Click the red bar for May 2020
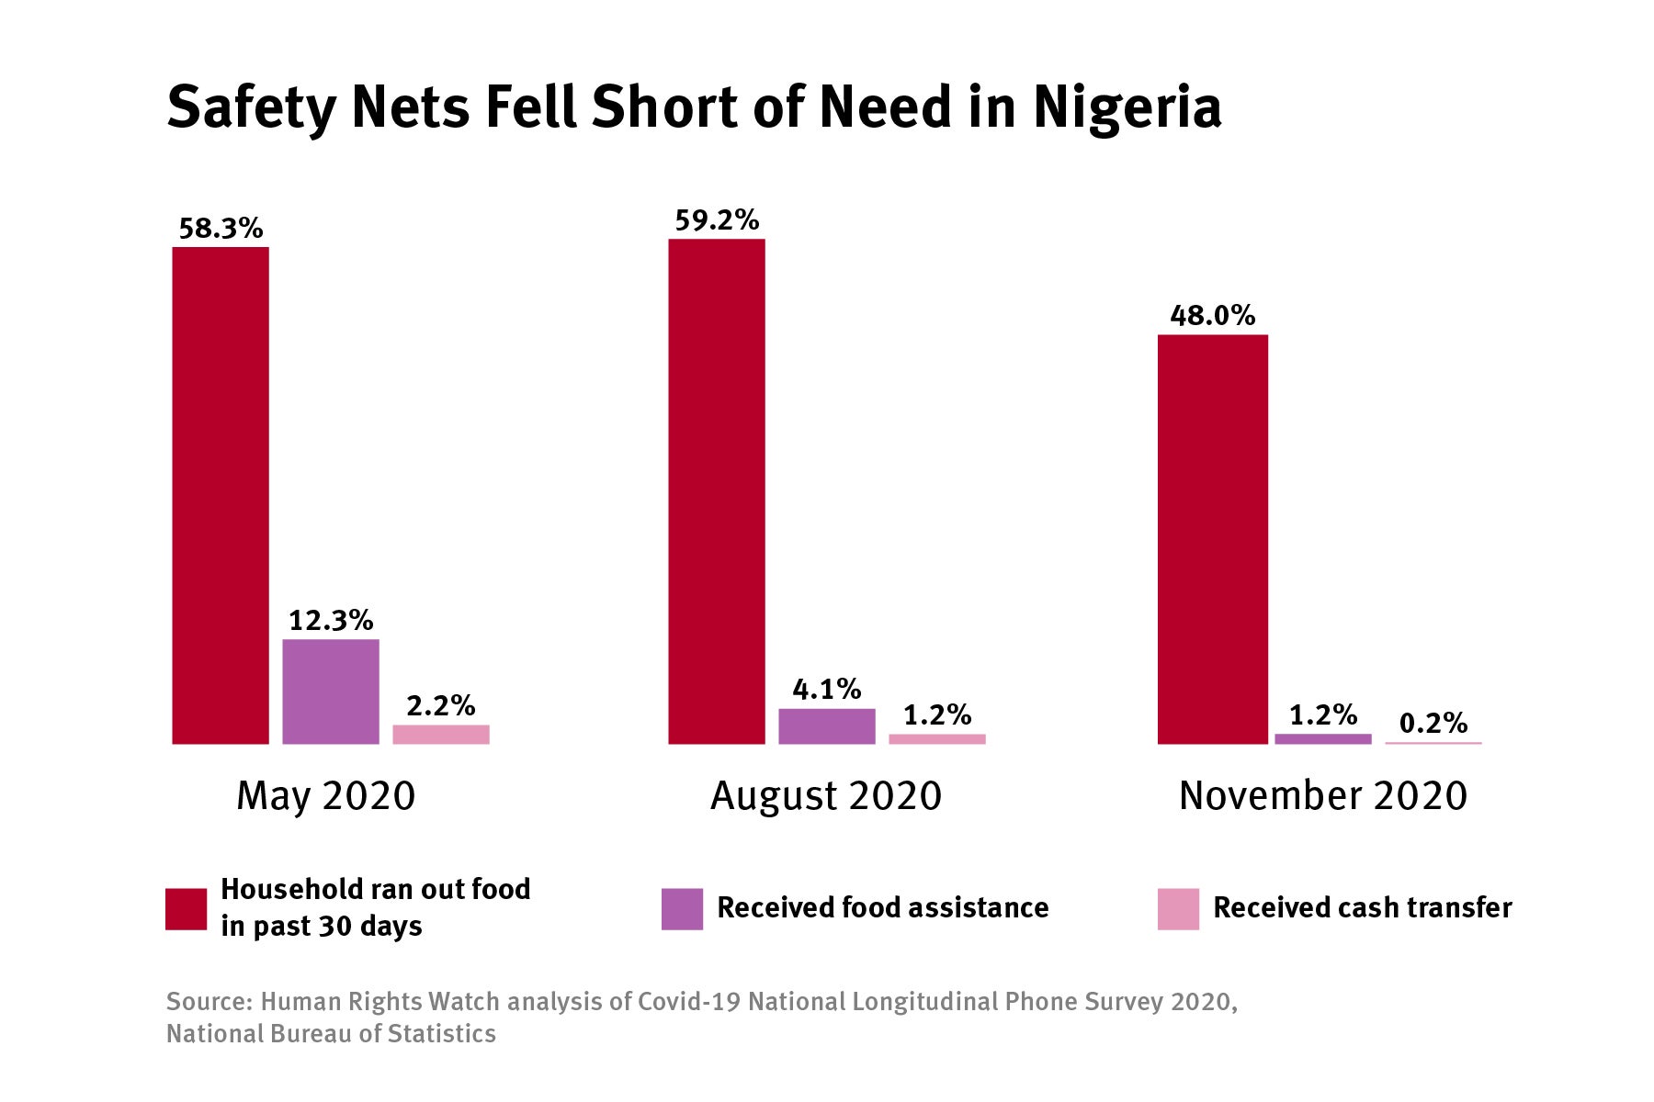[221, 496]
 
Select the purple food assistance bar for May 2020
[331, 692]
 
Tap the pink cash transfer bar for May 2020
[441, 735]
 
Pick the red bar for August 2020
[717, 491]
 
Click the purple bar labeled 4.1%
[827, 726]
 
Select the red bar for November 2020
[1213, 540]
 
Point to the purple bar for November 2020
[1323, 738]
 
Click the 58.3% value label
[221, 228]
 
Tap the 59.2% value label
[717, 220]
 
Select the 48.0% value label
[1213, 316]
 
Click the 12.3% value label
[331, 621]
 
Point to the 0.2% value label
[1433, 724]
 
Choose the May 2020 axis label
[326, 795]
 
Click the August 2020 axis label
[826, 795]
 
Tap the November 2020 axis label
[1323, 795]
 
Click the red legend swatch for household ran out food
[186, 908]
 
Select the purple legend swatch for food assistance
[682, 908]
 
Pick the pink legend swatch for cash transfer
[1178, 908]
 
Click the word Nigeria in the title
[1127, 108]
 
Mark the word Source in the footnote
[207, 1001]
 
